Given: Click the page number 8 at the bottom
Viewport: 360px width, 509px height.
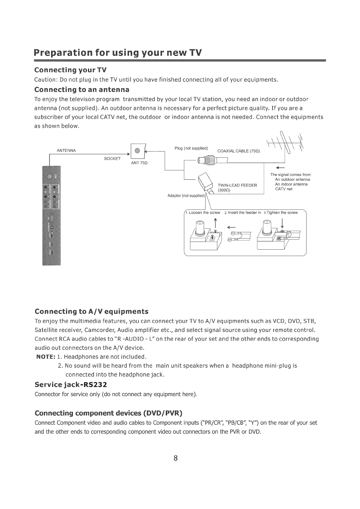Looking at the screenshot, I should click(x=175, y=458).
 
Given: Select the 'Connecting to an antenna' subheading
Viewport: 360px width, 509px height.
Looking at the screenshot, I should click(x=82, y=90).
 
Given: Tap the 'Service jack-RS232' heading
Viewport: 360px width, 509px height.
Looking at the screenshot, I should click(x=71, y=385).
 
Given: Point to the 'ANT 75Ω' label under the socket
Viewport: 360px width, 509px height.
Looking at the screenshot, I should click(x=139, y=163).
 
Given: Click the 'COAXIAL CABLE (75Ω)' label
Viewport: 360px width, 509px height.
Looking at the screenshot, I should click(x=239, y=151).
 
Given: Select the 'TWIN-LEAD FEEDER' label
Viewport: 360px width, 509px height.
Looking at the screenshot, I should click(x=237, y=185).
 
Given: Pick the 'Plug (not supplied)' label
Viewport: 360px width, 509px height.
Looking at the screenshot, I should click(x=191, y=148).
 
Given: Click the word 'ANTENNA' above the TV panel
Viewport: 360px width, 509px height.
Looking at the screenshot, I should click(x=66, y=150).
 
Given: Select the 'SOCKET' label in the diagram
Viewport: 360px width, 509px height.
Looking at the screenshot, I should click(x=112, y=159).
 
